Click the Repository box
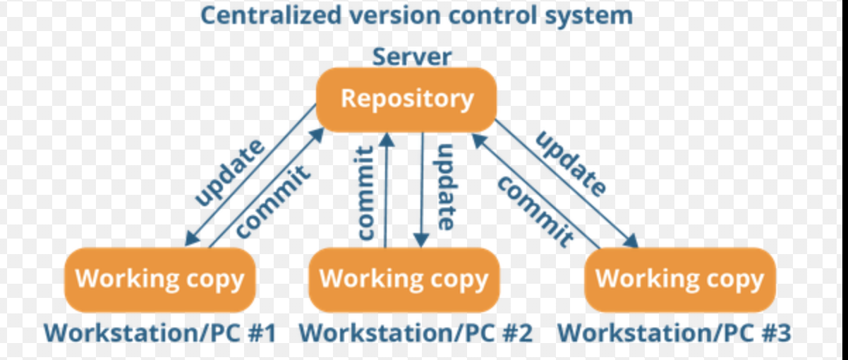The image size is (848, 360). coord(406,100)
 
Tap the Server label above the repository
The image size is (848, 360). coord(412,57)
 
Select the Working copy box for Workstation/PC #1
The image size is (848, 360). coord(159,280)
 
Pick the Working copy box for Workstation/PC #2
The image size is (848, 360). coord(404,280)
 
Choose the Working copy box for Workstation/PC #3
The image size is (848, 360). coord(680,280)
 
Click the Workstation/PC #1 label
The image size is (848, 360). coord(159,332)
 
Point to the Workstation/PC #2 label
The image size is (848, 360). coord(416,332)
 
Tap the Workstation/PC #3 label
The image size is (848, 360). coord(674,332)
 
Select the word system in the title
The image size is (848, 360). coord(588,16)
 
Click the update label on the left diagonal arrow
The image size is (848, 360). coord(230,173)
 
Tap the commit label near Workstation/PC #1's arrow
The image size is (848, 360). coord(272,202)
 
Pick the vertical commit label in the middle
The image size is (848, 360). coord(366,193)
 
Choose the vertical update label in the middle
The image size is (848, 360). coord(446,187)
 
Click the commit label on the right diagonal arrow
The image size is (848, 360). coord(535,212)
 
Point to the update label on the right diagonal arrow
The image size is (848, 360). coord(571,164)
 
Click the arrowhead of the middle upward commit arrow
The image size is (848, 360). coord(387,139)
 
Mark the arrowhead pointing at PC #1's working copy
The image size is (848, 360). coord(192,239)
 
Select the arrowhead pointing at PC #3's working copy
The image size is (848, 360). coord(631,241)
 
